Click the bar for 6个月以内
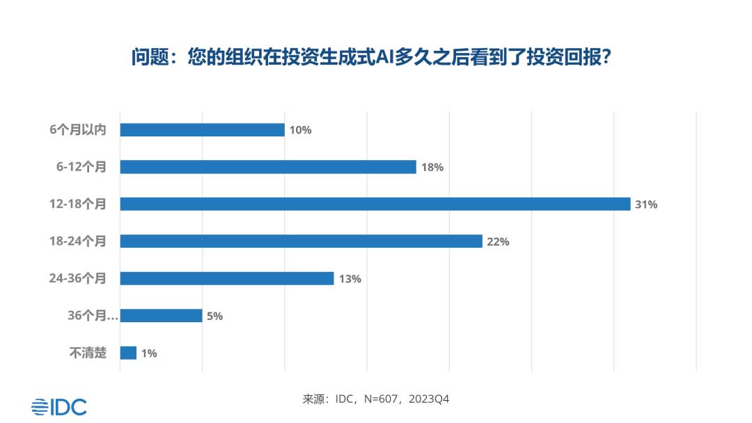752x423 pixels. pyautogui.click(x=202, y=130)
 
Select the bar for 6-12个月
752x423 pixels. pyautogui.click(x=268, y=167)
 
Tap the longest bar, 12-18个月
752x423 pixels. pyautogui.click(x=375, y=204)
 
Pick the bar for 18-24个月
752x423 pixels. pyautogui.click(x=301, y=241)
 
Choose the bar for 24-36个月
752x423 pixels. pyautogui.click(x=227, y=278)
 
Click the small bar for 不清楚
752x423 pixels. pyautogui.click(x=128, y=353)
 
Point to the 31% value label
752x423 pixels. pyautogui.click(x=646, y=205)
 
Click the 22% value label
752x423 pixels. pyautogui.click(x=499, y=242)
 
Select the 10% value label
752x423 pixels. pyautogui.click(x=301, y=130)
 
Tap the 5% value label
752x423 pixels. pyautogui.click(x=214, y=316)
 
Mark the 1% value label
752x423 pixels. pyautogui.click(x=149, y=353)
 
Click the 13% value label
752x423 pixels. pyautogui.click(x=350, y=279)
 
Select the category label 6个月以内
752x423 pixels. pyautogui.click(x=79, y=130)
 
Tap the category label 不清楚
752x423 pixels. pyautogui.click(x=88, y=353)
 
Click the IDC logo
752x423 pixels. pyautogui.click(x=59, y=406)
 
